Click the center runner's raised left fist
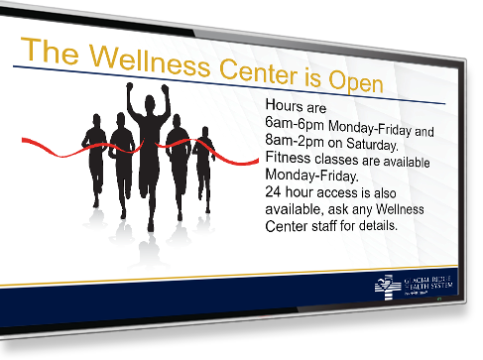[130, 87]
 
